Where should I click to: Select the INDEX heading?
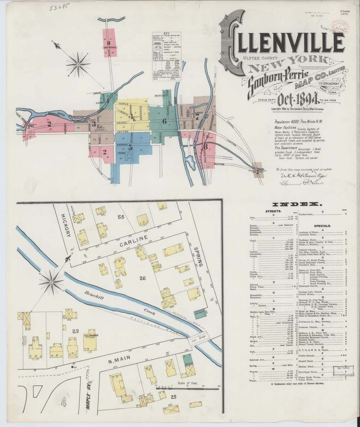(x=297, y=205)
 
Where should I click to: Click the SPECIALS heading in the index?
(x=323, y=226)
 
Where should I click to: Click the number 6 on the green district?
(x=164, y=121)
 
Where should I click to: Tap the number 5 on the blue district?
(x=130, y=148)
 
